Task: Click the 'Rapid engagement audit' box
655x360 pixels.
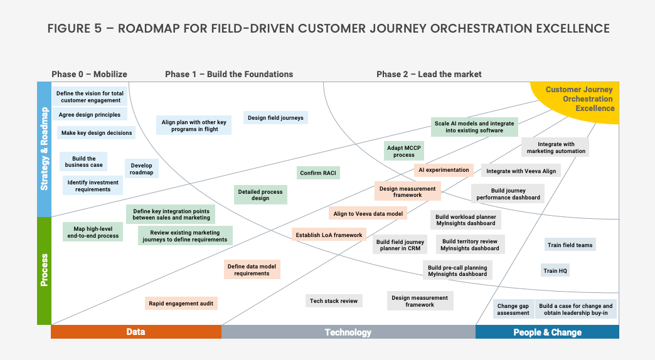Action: pyautogui.click(x=181, y=304)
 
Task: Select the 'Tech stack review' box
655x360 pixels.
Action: pyautogui.click(x=334, y=301)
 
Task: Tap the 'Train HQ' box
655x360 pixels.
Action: pyautogui.click(x=555, y=271)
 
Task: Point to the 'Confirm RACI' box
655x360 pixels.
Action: pyautogui.click(x=319, y=173)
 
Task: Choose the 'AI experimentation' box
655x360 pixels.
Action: pyautogui.click(x=444, y=170)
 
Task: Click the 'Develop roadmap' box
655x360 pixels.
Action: pyautogui.click(x=142, y=169)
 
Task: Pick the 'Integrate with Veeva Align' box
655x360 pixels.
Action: pyautogui.click(x=521, y=171)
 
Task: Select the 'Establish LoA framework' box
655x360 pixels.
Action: pyautogui.click(x=329, y=235)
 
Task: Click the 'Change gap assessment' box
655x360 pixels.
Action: pyautogui.click(x=513, y=309)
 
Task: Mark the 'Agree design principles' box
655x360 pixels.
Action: pyautogui.click(x=90, y=115)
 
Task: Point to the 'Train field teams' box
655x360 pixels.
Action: pyautogui.click(x=570, y=245)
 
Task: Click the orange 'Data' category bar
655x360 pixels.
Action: pyautogui.click(x=136, y=332)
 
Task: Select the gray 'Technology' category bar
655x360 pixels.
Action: pyautogui.click(x=348, y=332)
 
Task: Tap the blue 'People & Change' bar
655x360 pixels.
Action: pyautogui.click(x=547, y=332)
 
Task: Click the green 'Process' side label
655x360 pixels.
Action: pyautogui.click(x=44, y=270)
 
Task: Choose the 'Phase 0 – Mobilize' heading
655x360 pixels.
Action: pyautogui.click(x=89, y=74)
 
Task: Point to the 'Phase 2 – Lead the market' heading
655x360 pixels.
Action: pyautogui.click(x=429, y=74)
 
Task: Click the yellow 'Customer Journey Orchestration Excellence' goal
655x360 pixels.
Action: pyautogui.click(x=578, y=99)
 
